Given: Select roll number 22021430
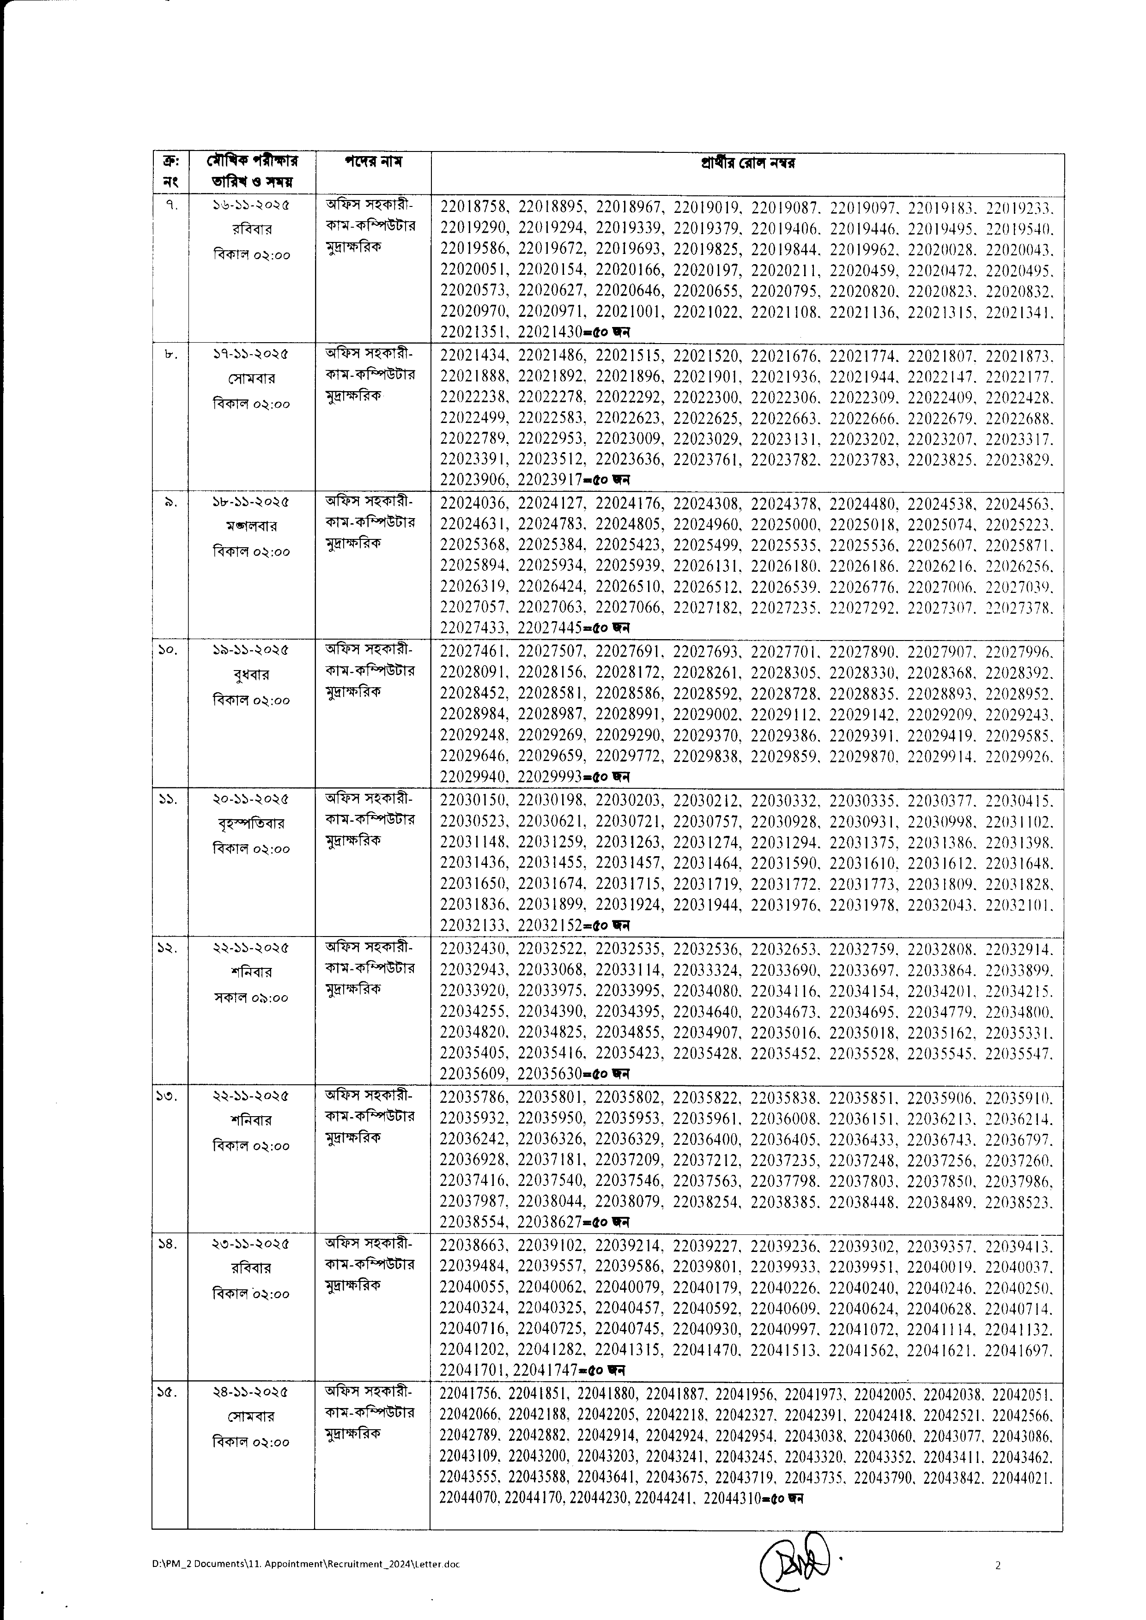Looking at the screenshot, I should coord(550,332).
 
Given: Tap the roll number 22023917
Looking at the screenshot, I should coord(550,480).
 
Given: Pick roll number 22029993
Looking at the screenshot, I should coord(550,777).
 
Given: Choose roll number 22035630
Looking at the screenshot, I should coord(550,1074).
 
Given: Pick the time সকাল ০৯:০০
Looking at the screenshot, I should coord(250,997).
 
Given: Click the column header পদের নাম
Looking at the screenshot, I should coord(373,162).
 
